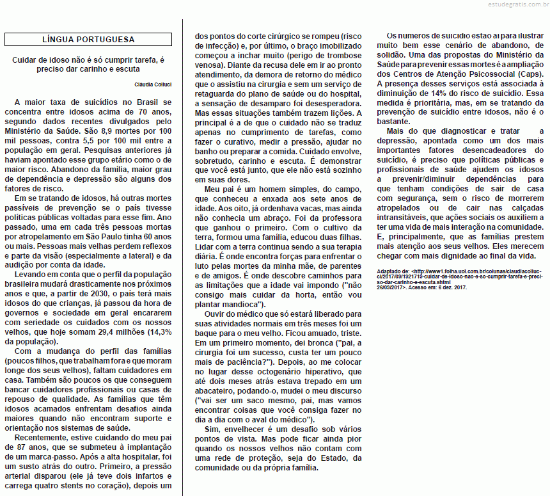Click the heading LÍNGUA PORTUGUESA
(88, 40)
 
